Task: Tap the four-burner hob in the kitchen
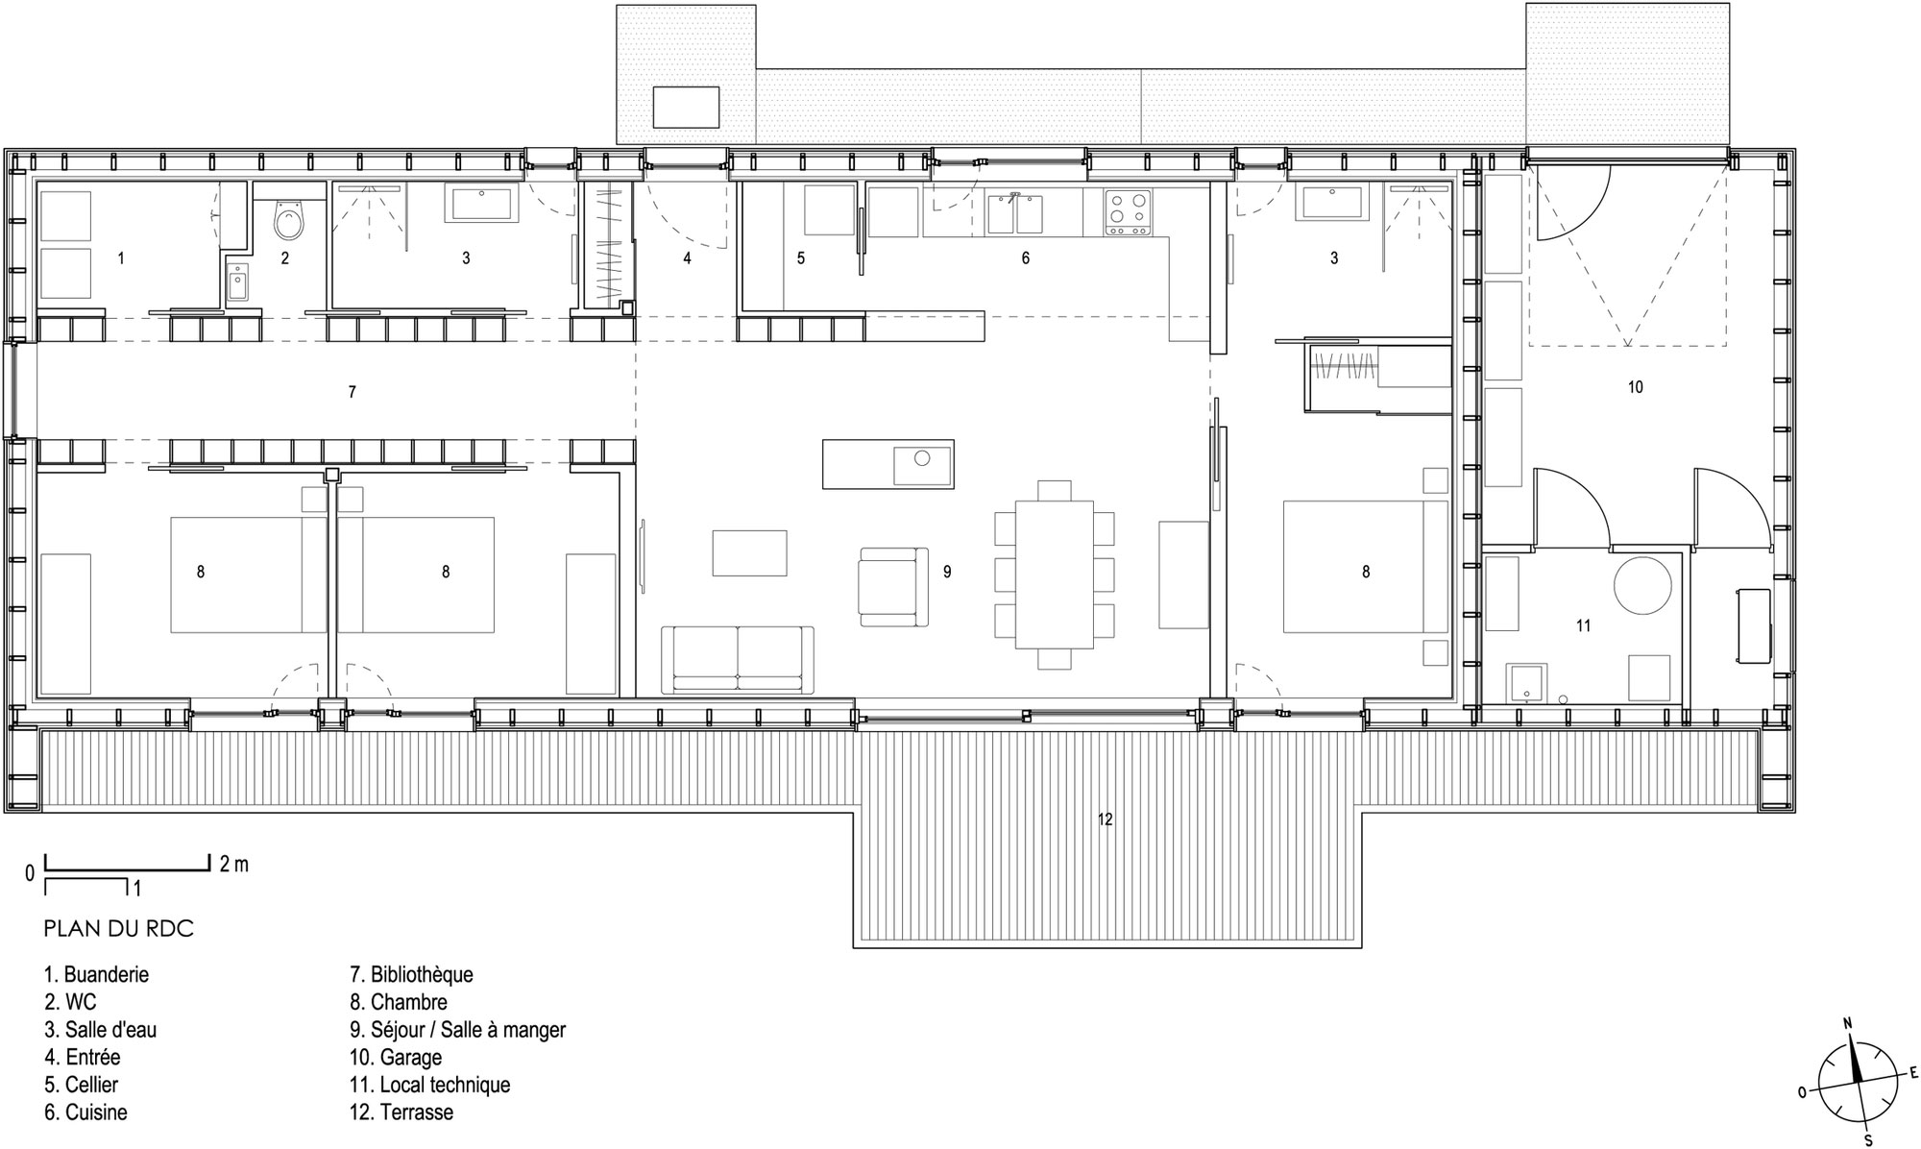[1128, 213]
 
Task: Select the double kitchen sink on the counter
[1014, 213]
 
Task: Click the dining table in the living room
[1055, 574]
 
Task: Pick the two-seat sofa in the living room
[738, 659]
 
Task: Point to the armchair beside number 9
[893, 587]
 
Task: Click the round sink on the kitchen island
[921, 458]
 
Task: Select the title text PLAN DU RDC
[118, 928]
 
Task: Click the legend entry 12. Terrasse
[401, 1112]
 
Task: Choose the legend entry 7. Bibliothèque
[411, 974]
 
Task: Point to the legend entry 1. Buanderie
[96, 974]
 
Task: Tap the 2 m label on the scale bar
[233, 864]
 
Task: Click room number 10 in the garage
[1635, 387]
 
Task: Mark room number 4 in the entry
[687, 258]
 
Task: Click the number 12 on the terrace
[1106, 819]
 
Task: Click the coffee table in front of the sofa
[749, 552]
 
